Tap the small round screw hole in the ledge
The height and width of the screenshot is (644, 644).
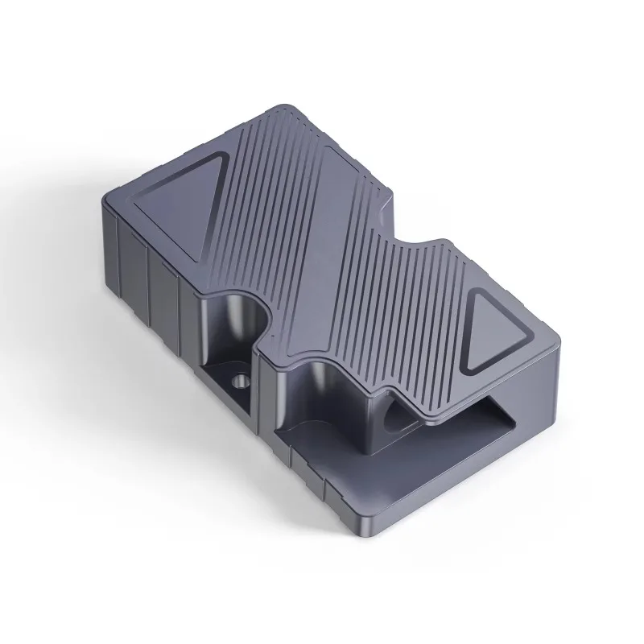click(x=239, y=379)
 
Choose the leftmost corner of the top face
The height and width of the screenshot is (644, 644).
click(x=109, y=197)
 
